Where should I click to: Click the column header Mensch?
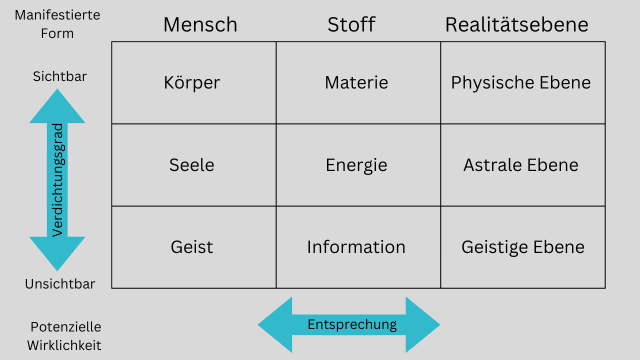tap(200, 24)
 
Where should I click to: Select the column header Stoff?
tap(351, 24)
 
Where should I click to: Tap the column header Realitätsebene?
tap(516, 24)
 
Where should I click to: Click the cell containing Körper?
tap(193, 82)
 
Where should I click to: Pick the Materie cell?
tap(358, 82)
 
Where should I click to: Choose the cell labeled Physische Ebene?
tap(523, 82)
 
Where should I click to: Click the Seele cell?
tap(193, 165)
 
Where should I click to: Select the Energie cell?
tap(358, 165)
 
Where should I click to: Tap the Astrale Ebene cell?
tap(523, 165)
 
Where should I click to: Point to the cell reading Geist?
tap(193, 247)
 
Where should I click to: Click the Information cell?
tap(358, 247)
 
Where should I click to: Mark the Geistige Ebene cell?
tap(523, 247)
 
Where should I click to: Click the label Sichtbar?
tap(59, 76)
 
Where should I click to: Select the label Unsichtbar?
tap(60, 284)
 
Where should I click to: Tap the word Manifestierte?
tap(57, 15)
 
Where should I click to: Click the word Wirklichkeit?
tap(64, 345)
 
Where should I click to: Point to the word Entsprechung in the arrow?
tap(352, 325)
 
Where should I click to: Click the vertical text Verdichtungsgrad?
tap(57, 180)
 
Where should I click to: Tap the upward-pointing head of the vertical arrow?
tap(57, 106)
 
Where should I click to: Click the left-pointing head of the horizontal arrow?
tap(275, 325)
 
